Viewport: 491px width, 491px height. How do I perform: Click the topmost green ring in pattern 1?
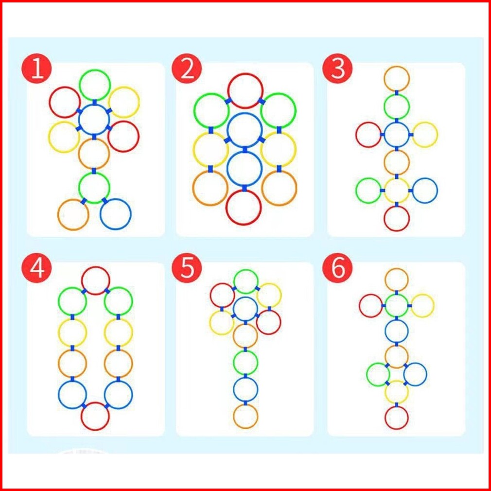click(x=95, y=85)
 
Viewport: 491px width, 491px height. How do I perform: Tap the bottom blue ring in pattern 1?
click(x=116, y=214)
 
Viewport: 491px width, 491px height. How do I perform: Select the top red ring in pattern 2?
click(x=245, y=90)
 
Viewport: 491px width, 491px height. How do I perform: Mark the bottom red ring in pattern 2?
click(x=244, y=207)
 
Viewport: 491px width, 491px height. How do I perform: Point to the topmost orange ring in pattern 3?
click(x=397, y=78)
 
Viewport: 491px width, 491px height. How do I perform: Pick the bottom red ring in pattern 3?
click(x=397, y=218)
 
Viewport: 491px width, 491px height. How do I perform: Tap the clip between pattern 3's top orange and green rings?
click(x=397, y=92)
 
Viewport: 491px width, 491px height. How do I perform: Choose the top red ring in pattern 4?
click(x=95, y=281)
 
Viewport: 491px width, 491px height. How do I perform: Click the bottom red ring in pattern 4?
click(x=95, y=416)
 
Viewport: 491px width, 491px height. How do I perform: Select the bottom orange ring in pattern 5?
click(x=245, y=416)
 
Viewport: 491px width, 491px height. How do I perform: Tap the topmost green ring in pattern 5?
click(x=246, y=282)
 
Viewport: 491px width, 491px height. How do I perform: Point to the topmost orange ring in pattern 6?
click(x=397, y=280)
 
